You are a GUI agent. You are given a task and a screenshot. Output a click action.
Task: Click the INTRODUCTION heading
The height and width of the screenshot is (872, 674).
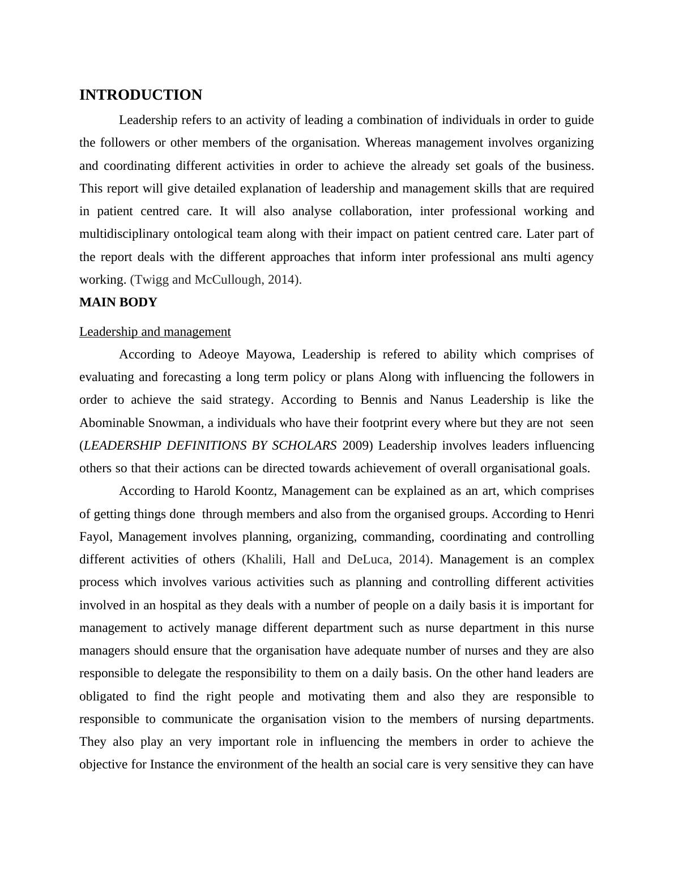coord(140,95)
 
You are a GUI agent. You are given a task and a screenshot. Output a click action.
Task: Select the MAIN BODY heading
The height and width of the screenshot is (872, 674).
coord(118,302)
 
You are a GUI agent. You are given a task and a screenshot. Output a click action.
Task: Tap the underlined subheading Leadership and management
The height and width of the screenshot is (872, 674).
coord(155,332)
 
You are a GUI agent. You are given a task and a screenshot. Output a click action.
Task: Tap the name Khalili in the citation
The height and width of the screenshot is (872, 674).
coord(265,559)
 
